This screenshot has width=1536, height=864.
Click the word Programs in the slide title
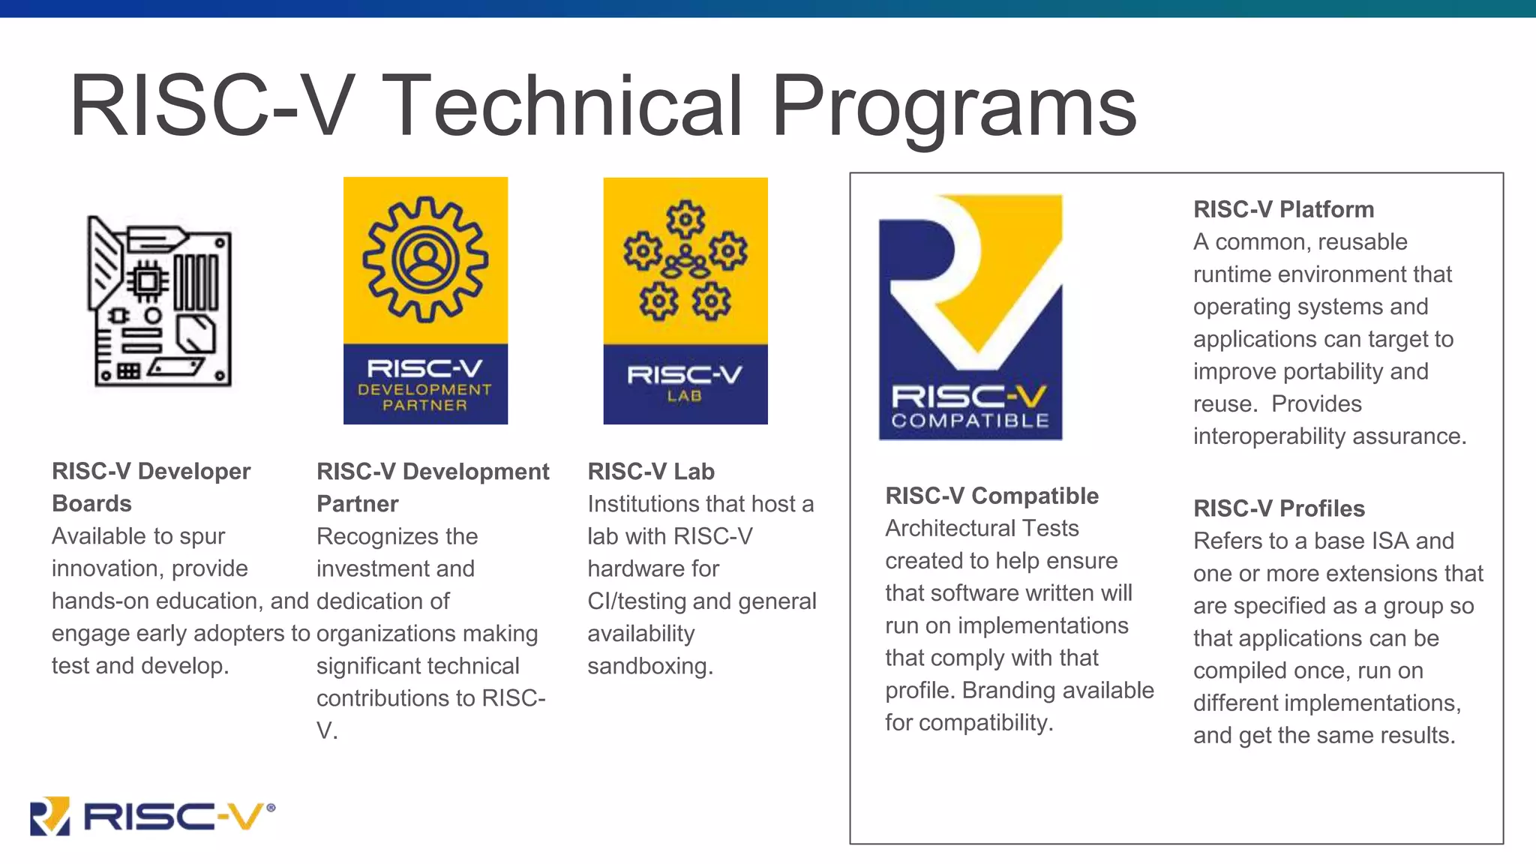coord(954,106)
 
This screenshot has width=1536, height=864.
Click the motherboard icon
coord(160,301)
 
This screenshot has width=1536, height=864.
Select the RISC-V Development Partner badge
coord(425,301)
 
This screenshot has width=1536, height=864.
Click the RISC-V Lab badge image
coord(685,301)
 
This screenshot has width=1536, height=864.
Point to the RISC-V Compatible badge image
coord(970,317)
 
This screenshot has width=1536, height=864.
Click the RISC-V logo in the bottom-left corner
coord(152,815)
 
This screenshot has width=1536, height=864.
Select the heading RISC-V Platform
coord(1283,209)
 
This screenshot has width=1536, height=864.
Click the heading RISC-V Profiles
coord(1279,508)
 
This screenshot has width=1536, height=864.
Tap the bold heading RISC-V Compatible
coord(991,496)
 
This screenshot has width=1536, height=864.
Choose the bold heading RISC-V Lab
coord(651,471)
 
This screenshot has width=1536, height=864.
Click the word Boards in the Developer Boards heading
coord(91,503)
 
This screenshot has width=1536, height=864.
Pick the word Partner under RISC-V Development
coord(358,503)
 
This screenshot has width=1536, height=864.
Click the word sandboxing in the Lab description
coord(649,666)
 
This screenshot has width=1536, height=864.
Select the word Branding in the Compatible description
coord(1004,690)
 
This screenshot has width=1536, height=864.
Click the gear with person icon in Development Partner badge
coord(425,259)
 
